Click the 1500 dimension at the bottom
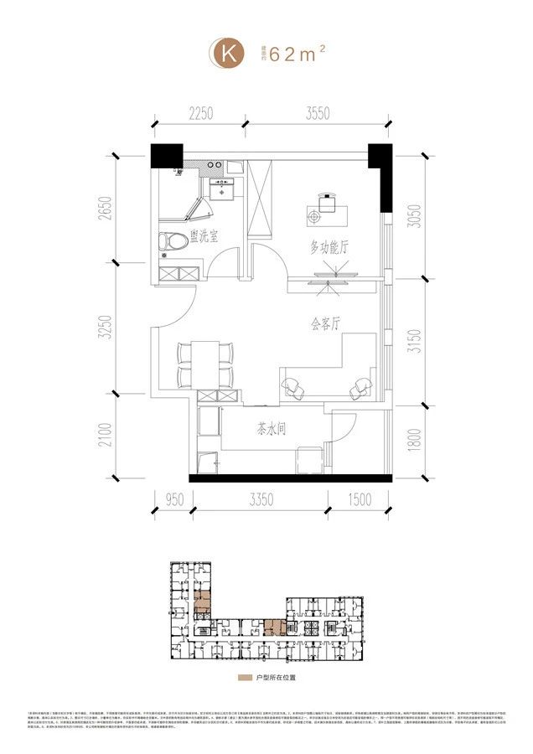359,500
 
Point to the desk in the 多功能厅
326,204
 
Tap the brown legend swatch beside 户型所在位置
244,675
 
